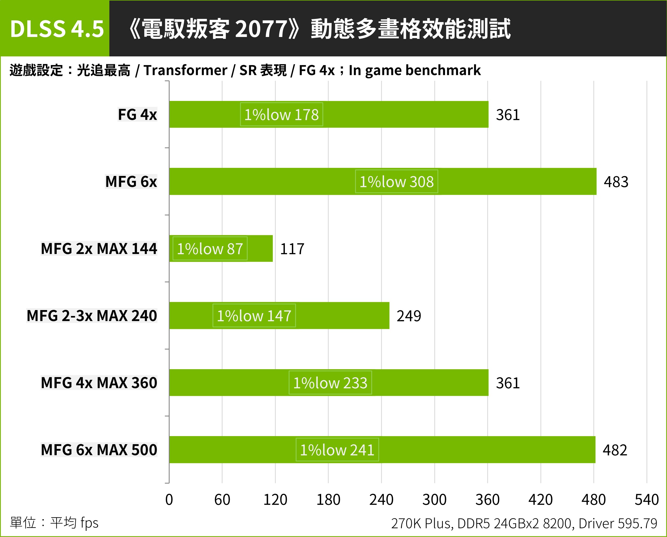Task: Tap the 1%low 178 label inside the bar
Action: [281, 114]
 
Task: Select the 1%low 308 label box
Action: [396, 182]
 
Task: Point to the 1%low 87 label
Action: [210, 249]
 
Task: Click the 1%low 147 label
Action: [254, 316]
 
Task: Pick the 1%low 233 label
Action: [330, 383]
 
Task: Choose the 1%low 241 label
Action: [337, 450]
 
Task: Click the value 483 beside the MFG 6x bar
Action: [616, 182]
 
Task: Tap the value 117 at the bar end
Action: [292, 249]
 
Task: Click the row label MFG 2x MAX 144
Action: [99, 249]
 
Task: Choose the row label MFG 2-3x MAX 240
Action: [92, 316]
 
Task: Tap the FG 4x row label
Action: [137, 114]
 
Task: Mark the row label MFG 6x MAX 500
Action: [99, 450]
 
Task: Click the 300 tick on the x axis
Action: [434, 500]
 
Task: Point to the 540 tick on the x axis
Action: [646, 500]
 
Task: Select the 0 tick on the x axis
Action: [169, 500]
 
